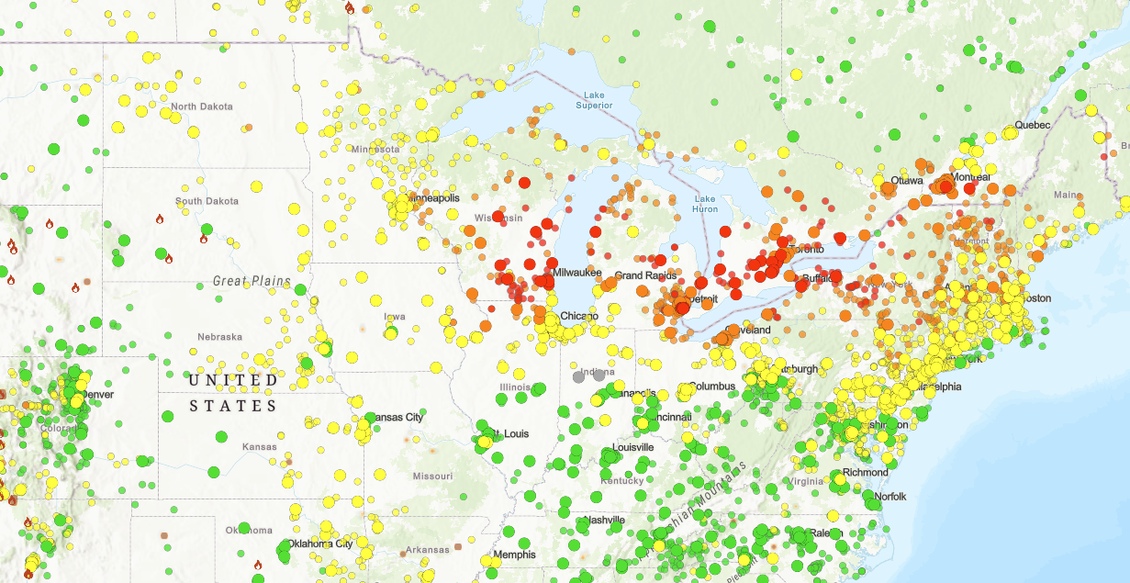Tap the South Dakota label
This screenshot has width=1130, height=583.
click(207, 201)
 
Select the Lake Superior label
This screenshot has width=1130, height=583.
click(594, 100)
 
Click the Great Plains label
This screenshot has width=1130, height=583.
click(252, 282)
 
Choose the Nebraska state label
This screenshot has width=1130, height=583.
click(219, 337)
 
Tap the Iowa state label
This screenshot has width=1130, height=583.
click(395, 317)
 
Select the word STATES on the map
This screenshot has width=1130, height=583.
click(233, 405)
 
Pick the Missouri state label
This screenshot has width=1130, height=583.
click(432, 476)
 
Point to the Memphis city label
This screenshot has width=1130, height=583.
click(514, 555)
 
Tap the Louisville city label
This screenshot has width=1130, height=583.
click(628, 447)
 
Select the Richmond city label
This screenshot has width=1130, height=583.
click(866, 473)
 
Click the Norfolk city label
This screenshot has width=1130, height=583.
click(890, 497)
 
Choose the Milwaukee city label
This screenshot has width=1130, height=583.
click(577, 273)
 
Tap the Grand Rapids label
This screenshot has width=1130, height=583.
click(645, 275)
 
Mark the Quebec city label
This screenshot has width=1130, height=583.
click(1031, 125)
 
